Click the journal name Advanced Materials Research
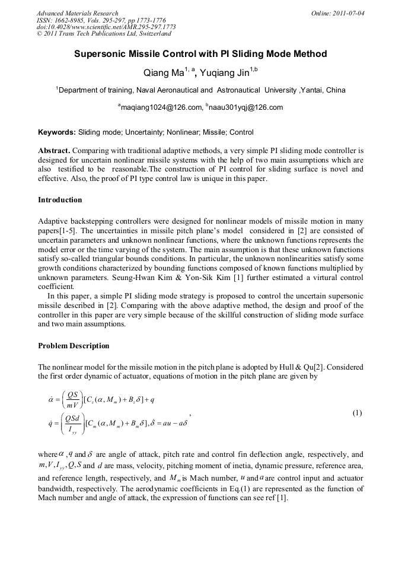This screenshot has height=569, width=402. point(77,13)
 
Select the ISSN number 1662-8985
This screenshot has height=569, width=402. point(71,20)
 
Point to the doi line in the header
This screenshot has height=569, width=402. point(106,27)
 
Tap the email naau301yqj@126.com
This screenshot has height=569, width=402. point(245,107)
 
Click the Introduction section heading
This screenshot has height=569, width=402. point(60,200)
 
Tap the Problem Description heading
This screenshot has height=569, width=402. point(74,346)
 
